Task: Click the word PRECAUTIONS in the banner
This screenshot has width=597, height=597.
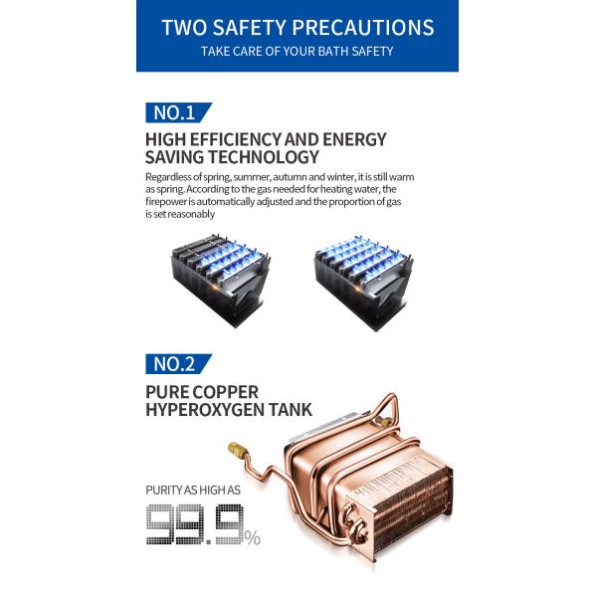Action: pos(363,28)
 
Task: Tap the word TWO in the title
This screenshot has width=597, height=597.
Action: pos(184,28)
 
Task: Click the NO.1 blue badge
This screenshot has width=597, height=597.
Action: pos(178,112)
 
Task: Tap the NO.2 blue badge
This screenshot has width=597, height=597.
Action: pos(178,364)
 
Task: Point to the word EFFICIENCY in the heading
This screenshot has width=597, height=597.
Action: pos(235,139)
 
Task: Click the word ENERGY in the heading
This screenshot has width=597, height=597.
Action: pos(354,139)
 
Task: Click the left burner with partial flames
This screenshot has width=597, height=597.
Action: pos(221,281)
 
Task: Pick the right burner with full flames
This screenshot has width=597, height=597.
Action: pos(363,283)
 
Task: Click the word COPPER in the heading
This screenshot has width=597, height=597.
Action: pos(225,392)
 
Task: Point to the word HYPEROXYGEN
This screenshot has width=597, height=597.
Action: pos(204,410)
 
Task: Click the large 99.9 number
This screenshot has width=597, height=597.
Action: pos(195,524)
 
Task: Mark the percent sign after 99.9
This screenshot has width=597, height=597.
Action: pos(253,538)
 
